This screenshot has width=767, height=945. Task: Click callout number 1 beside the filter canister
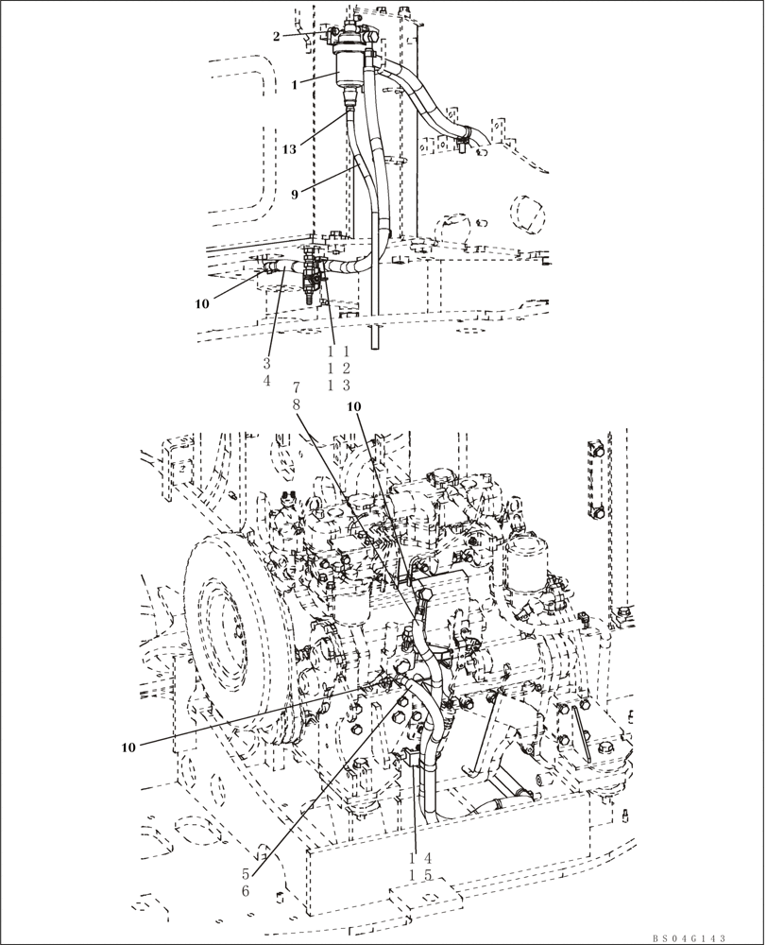[294, 85]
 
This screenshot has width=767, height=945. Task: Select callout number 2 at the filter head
[277, 36]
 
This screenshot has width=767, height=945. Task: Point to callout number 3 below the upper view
[267, 364]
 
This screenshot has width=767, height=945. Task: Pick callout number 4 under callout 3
[267, 380]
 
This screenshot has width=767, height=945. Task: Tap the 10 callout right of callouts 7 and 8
[354, 406]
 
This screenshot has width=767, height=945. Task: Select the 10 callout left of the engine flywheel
[128, 747]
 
